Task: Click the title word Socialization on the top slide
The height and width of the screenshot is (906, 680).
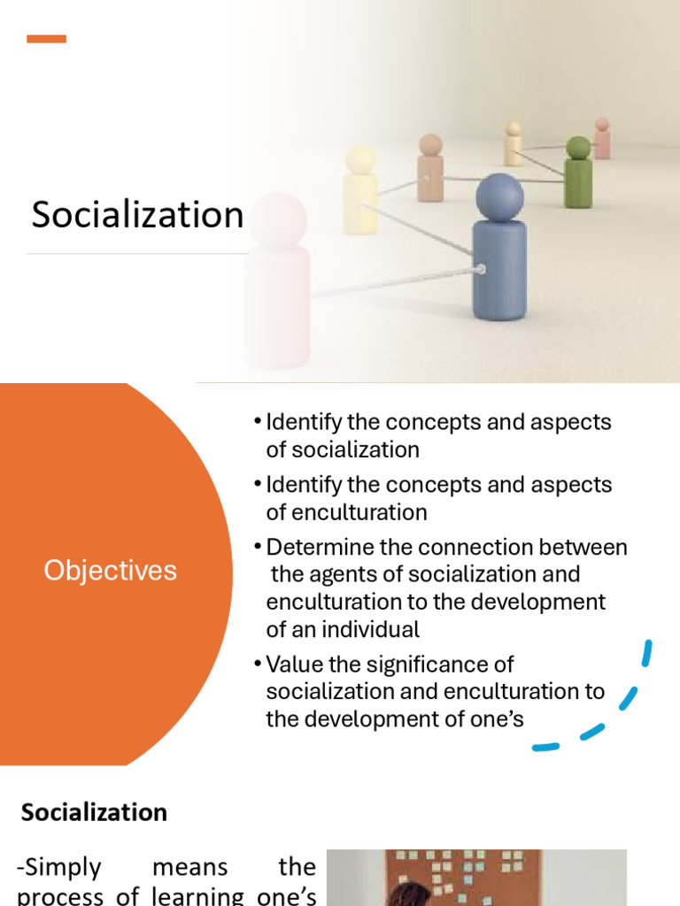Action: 137,215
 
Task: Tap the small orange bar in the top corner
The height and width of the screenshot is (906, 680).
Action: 46,39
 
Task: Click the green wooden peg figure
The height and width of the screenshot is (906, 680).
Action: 578,175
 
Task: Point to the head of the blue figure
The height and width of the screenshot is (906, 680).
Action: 499,196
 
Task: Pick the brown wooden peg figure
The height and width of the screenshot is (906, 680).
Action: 430,170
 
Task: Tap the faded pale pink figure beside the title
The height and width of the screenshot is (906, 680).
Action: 278,283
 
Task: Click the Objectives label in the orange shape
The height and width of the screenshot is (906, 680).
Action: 110,571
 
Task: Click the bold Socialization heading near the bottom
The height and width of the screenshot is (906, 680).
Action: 94,812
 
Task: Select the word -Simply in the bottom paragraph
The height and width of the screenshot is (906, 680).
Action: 59,868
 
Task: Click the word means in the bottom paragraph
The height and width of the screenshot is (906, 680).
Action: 190,868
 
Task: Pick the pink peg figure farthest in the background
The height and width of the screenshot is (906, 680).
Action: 602,140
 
